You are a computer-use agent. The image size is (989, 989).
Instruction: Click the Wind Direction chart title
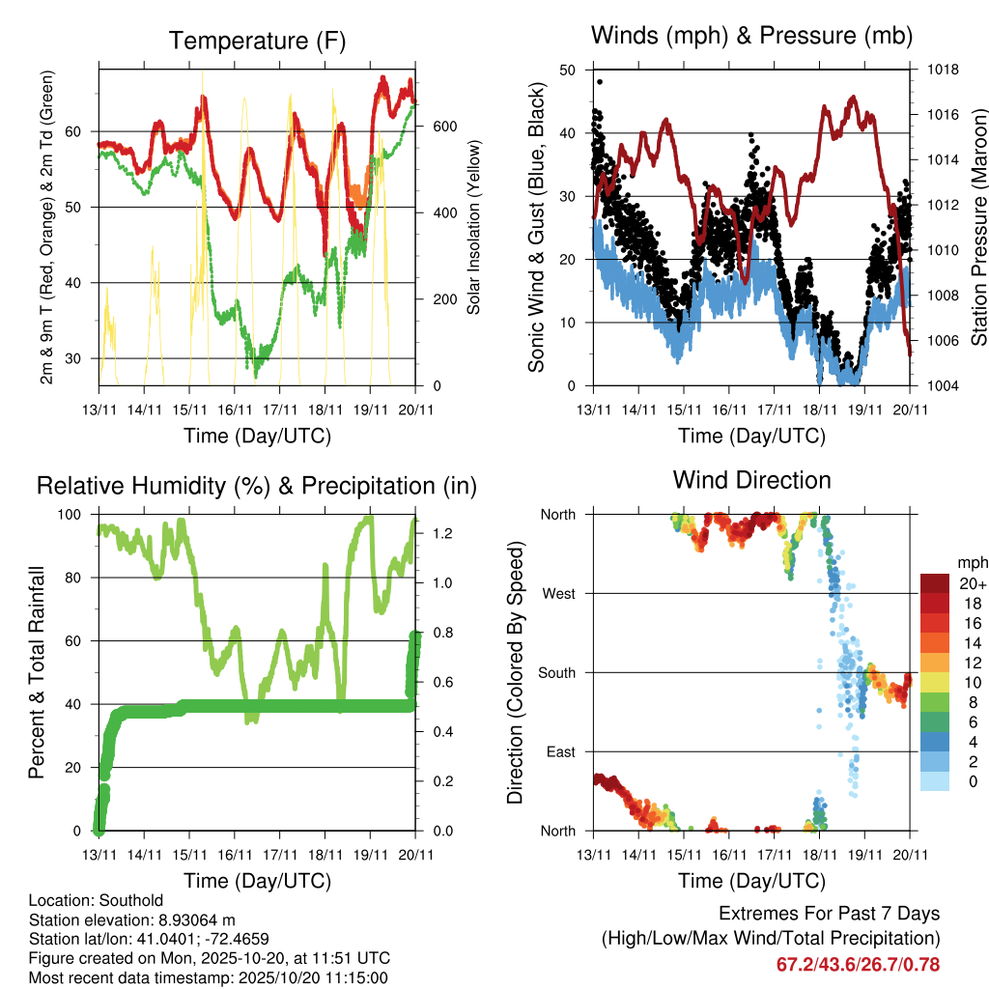751,480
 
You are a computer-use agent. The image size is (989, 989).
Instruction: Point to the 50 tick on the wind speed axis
567,70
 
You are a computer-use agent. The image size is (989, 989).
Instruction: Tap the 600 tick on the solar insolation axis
444,127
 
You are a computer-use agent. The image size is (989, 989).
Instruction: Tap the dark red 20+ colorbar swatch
934,583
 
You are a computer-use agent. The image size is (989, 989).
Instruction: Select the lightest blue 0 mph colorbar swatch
934,782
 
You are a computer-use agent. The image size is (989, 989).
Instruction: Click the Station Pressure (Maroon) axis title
977,228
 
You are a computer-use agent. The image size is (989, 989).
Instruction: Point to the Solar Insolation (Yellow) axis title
474,228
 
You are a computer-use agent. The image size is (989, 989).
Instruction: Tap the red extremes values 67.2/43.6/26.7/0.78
858,965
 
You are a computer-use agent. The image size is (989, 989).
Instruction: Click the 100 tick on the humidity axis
78,514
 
